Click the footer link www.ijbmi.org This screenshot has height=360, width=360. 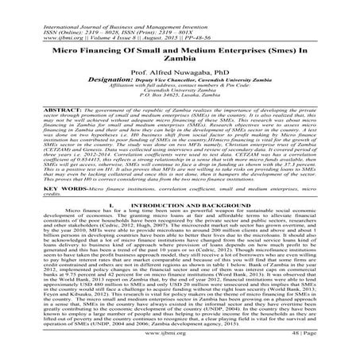pyautogui.click(x=180, y=347)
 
